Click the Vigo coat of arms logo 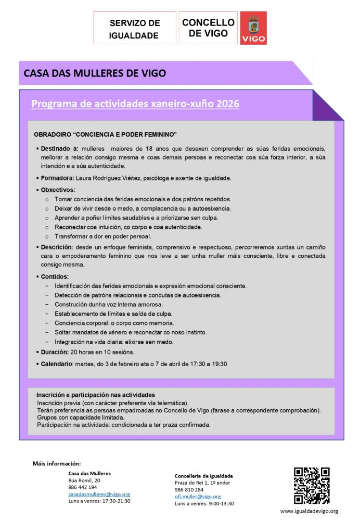click(253, 28)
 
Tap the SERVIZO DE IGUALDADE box click(134, 29)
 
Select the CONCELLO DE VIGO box click(208, 28)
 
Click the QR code click(312, 486)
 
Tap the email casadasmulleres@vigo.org click(99, 494)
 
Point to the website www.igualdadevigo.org click(309, 511)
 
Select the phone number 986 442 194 click(83, 487)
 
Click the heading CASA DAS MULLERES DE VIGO click(95, 73)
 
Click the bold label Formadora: click(58, 178)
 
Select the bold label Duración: click(57, 352)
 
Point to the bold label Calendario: click(58, 363)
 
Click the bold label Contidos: click(55, 276)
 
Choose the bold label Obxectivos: click(58, 189)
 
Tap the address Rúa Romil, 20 click(84, 480)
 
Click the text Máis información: click(57, 463)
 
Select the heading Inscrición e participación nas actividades click(95, 395)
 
